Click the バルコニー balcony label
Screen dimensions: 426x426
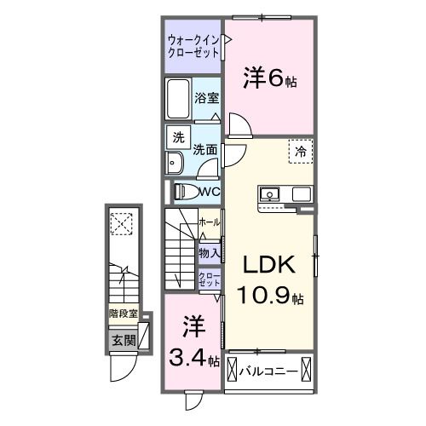pyautogui.click(x=268, y=371)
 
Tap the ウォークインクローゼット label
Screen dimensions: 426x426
pyautogui.click(x=193, y=46)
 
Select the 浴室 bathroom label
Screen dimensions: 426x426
pyautogui.click(x=206, y=99)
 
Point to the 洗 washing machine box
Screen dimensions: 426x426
pyautogui.click(x=178, y=137)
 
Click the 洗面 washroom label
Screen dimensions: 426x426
pyautogui.click(x=204, y=150)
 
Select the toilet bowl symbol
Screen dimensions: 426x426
pyautogui.click(x=186, y=192)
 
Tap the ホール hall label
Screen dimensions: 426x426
pyautogui.click(x=209, y=222)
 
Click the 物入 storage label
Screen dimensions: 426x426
pyautogui.click(x=210, y=252)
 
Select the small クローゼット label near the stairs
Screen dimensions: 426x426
pyautogui.click(x=210, y=279)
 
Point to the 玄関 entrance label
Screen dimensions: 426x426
pyautogui.click(x=123, y=341)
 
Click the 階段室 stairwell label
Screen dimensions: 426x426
pyautogui.click(x=123, y=314)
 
